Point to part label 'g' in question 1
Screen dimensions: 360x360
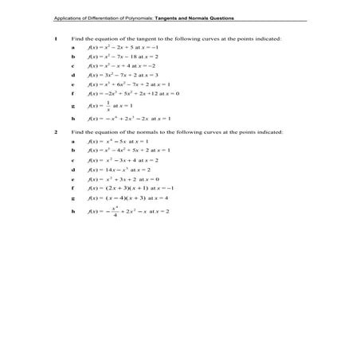72,105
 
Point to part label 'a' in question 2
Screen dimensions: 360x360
72,140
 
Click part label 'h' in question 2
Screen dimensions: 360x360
72,212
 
